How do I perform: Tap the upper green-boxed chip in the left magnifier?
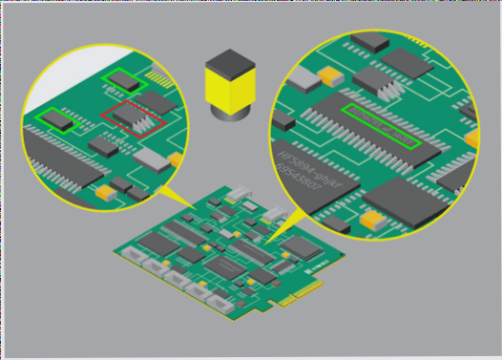pyautogui.click(x=127, y=79)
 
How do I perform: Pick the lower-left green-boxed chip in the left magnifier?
pyautogui.click(x=56, y=118)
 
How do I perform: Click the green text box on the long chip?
pyautogui.click(x=381, y=127)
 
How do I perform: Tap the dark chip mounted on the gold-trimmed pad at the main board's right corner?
pyautogui.click(x=303, y=245)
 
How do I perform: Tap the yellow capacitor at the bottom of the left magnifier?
pyautogui.click(x=106, y=191)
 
